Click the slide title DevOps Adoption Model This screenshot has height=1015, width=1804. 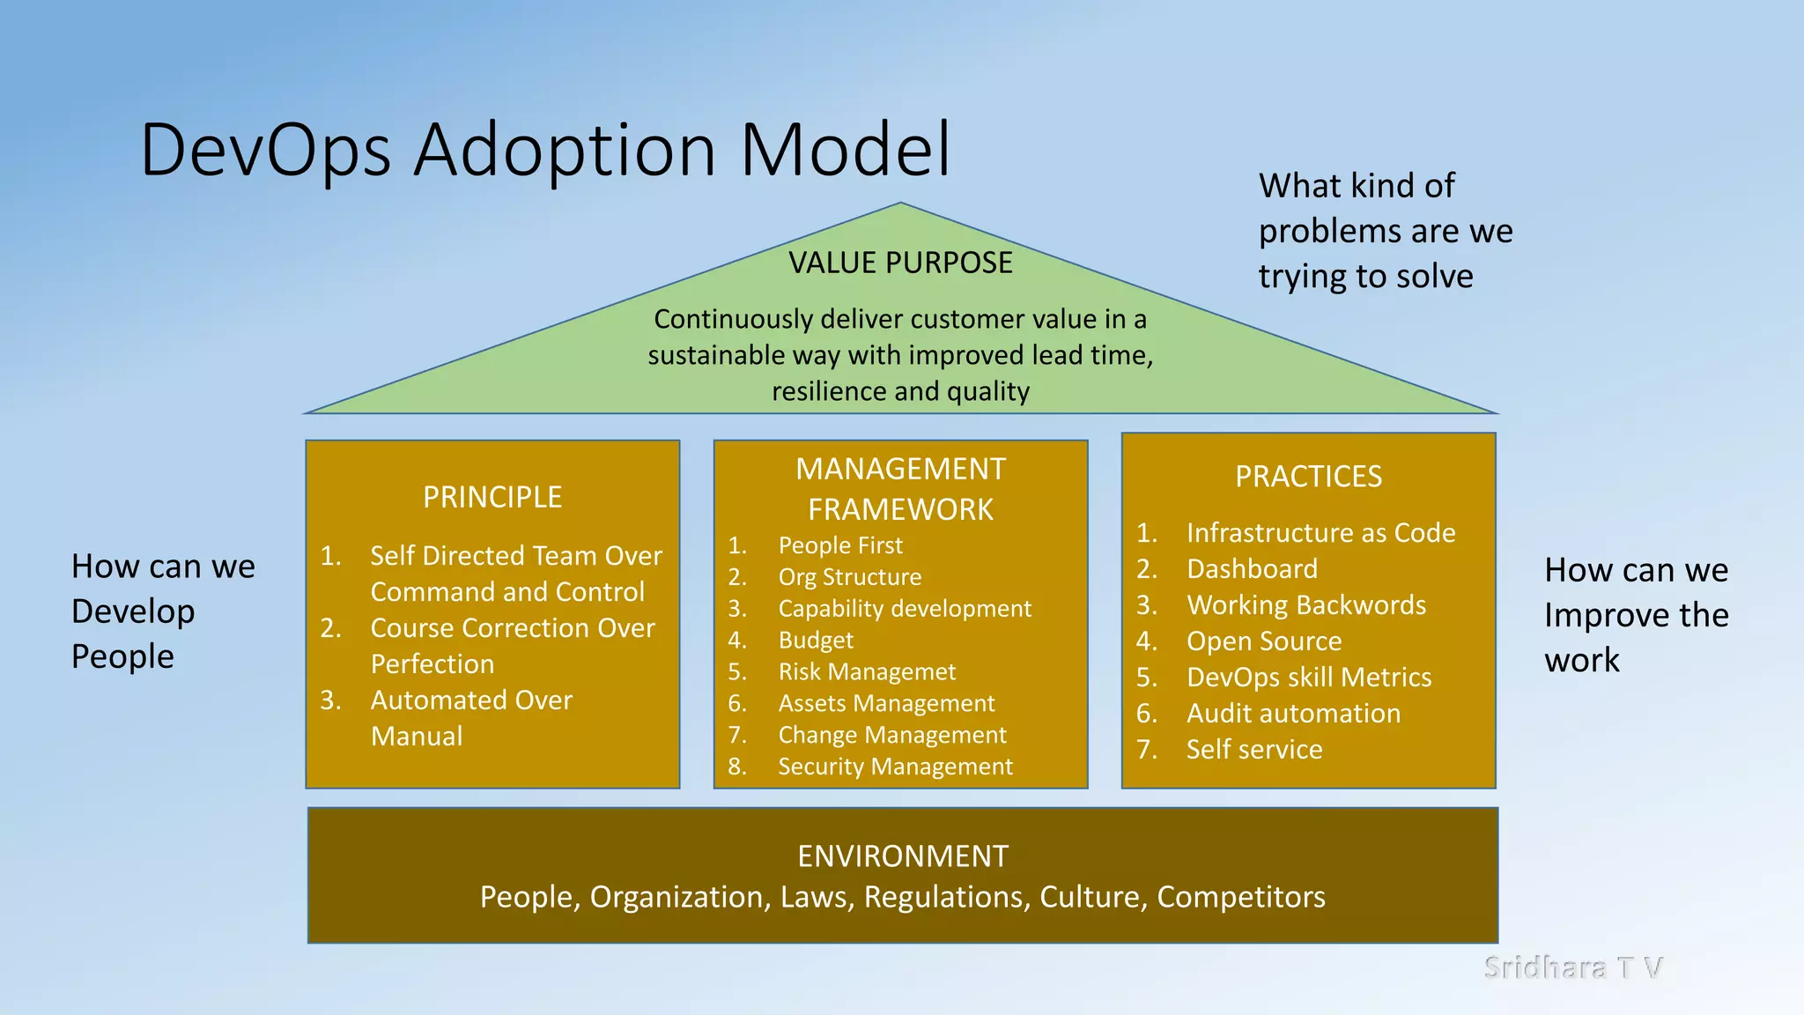[545, 150]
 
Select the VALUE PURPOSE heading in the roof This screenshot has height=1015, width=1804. [900, 263]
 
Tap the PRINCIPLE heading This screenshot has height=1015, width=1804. [492, 497]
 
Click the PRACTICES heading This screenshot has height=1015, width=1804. [1308, 477]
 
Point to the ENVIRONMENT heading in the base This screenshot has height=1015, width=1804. [902, 856]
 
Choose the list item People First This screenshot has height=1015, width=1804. [840, 545]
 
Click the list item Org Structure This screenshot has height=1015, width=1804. [849, 577]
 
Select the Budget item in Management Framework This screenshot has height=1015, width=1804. [816, 641]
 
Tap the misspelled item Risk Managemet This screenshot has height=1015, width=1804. [867, 672]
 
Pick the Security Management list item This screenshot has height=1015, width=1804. [895, 767]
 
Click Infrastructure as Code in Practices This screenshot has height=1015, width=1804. [1320, 533]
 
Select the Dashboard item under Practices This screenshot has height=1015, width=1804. [1252, 569]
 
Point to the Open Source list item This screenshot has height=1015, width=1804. [1264, 641]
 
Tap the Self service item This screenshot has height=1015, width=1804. [1254, 750]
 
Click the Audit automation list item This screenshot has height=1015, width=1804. [1293, 714]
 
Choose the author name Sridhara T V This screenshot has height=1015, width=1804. [1573, 967]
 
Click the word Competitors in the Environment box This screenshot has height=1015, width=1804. [1240, 897]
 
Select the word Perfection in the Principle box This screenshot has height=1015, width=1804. [433, 664]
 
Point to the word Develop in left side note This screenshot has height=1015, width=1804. [133, 611]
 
